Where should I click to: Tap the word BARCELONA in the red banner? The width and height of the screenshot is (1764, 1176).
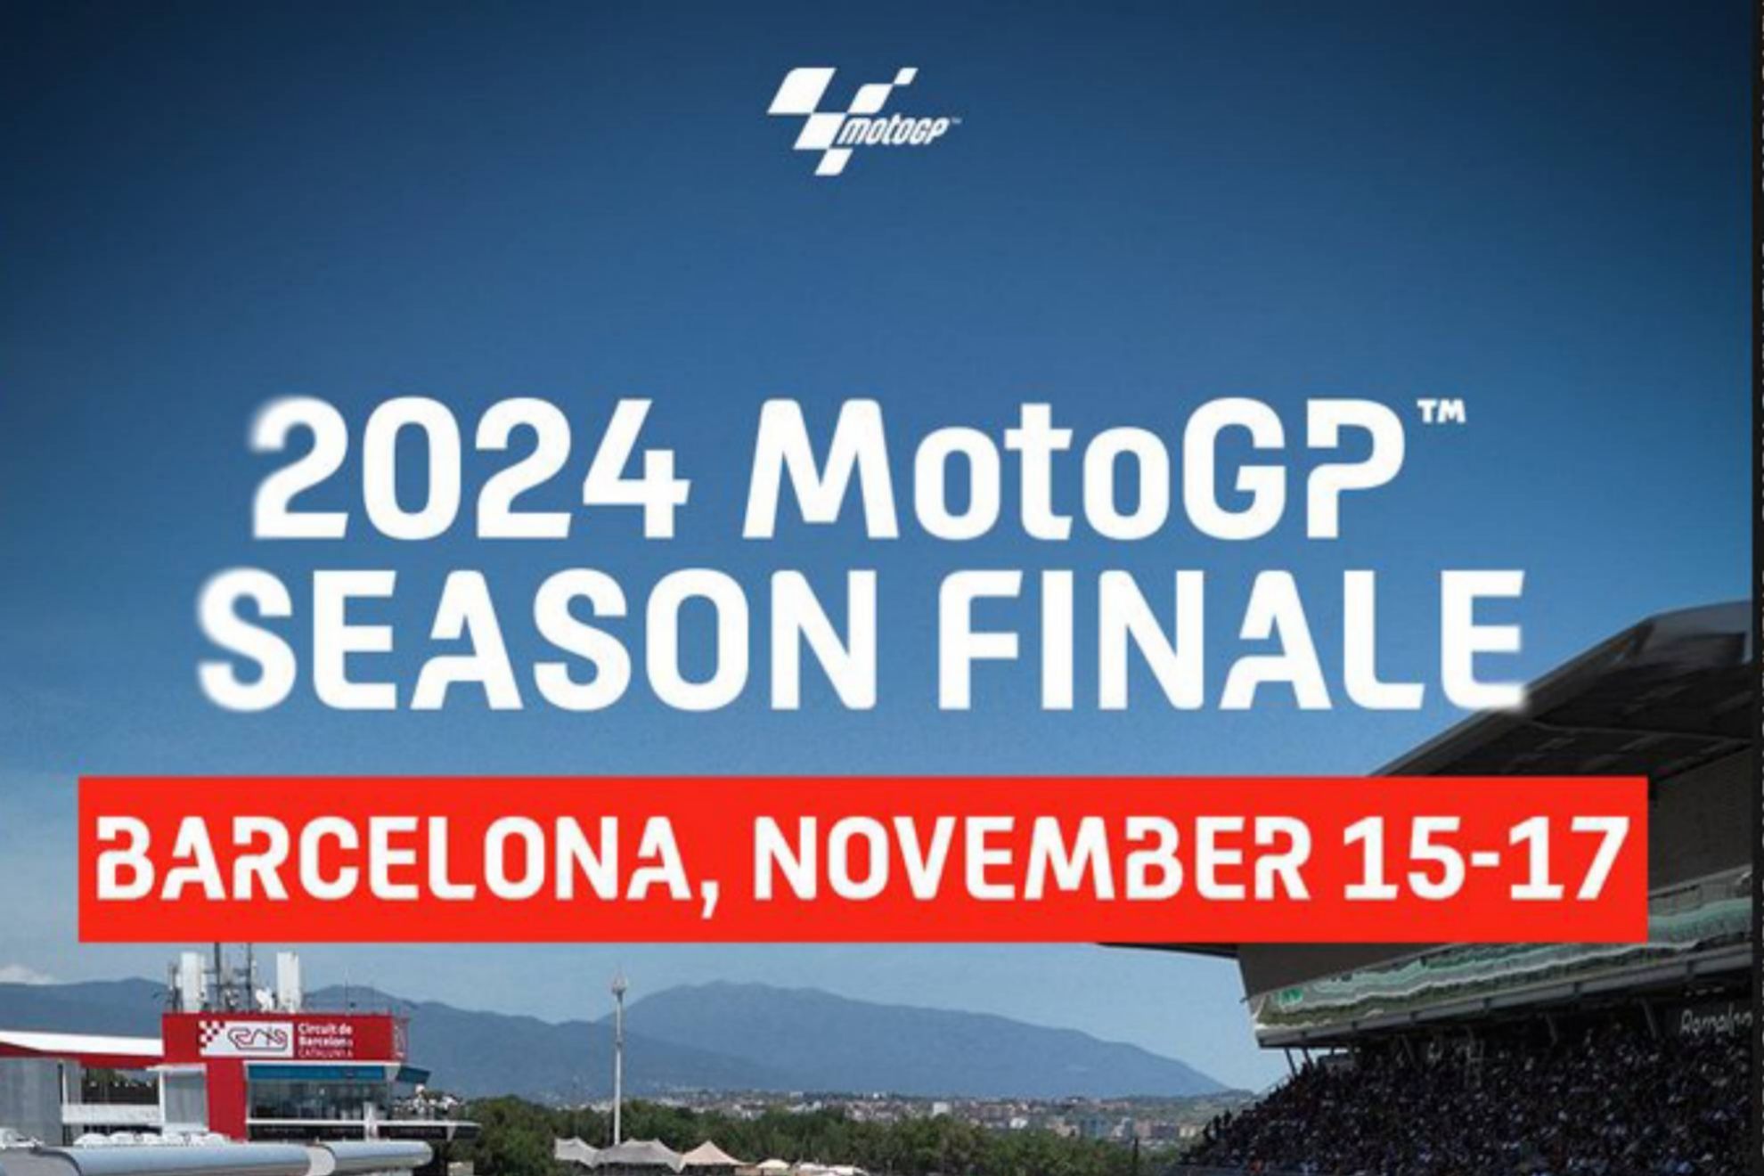[x=392, y=859]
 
